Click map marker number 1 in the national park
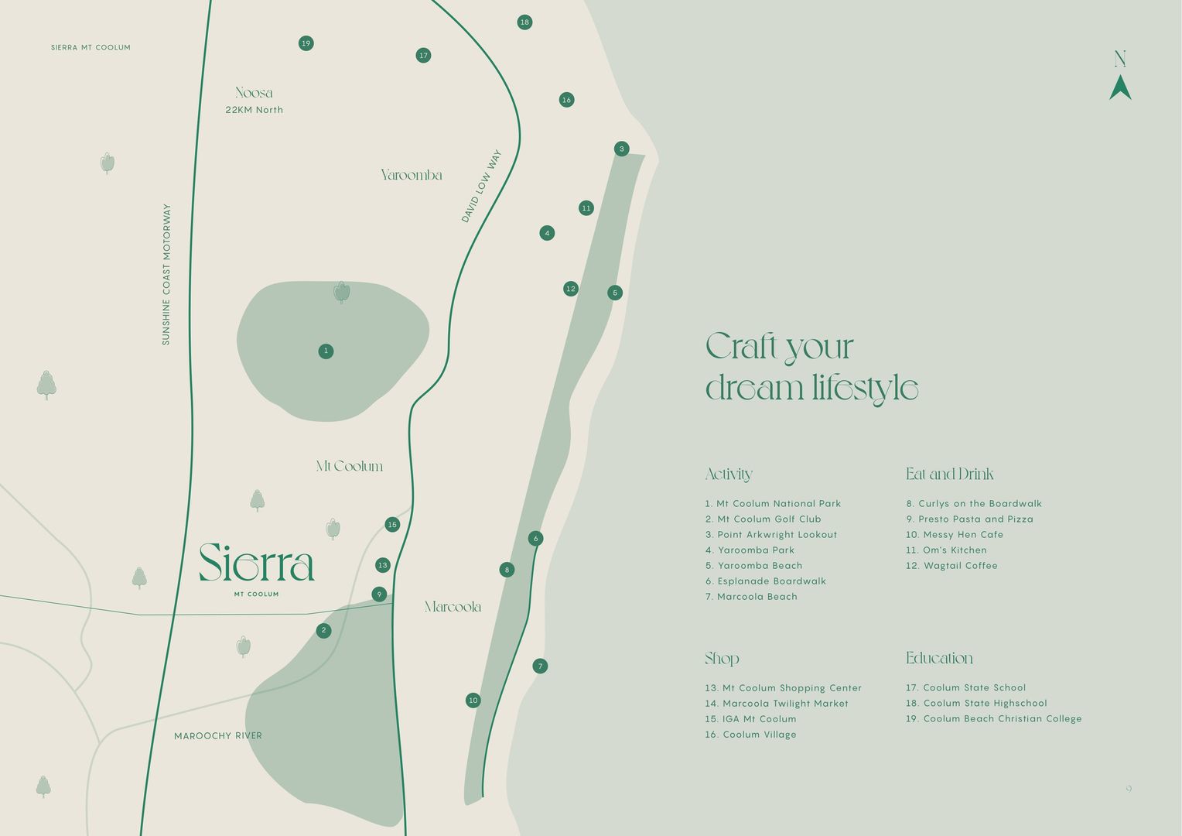[x=326, y=351]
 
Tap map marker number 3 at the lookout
[x=622, y=149]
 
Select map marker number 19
[x=306, y=43]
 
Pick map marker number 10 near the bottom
[x=473, y=701]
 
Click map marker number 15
[x=392, y=525]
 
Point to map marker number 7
[x=540, y=666]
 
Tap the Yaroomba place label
[x=412, y=175]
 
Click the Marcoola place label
[x=453, y=607]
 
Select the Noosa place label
[x=255, y=93]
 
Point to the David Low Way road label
[x=481, y=187]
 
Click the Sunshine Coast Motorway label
[x=166, y=275]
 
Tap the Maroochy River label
[x=218, y=736]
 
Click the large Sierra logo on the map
[x=257, y=563]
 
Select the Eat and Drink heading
[x=949, y=474]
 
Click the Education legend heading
[x=939, y=658]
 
